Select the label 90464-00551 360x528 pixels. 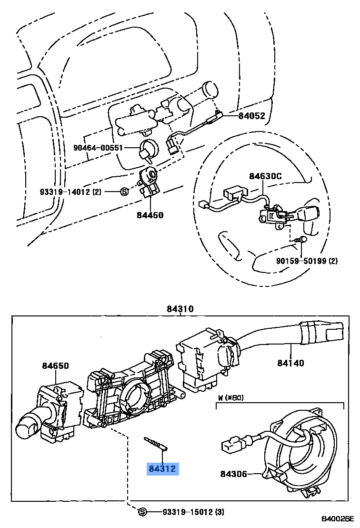coord(98,148)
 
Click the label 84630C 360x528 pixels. coord(265,176)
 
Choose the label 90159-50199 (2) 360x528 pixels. coord(307,261)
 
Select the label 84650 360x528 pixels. coord(55,366)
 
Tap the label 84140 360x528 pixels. coord(291,363)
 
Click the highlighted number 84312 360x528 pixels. coord(162,469)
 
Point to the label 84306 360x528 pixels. coord(234,474)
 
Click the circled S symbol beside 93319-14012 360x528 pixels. coord(123,192)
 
